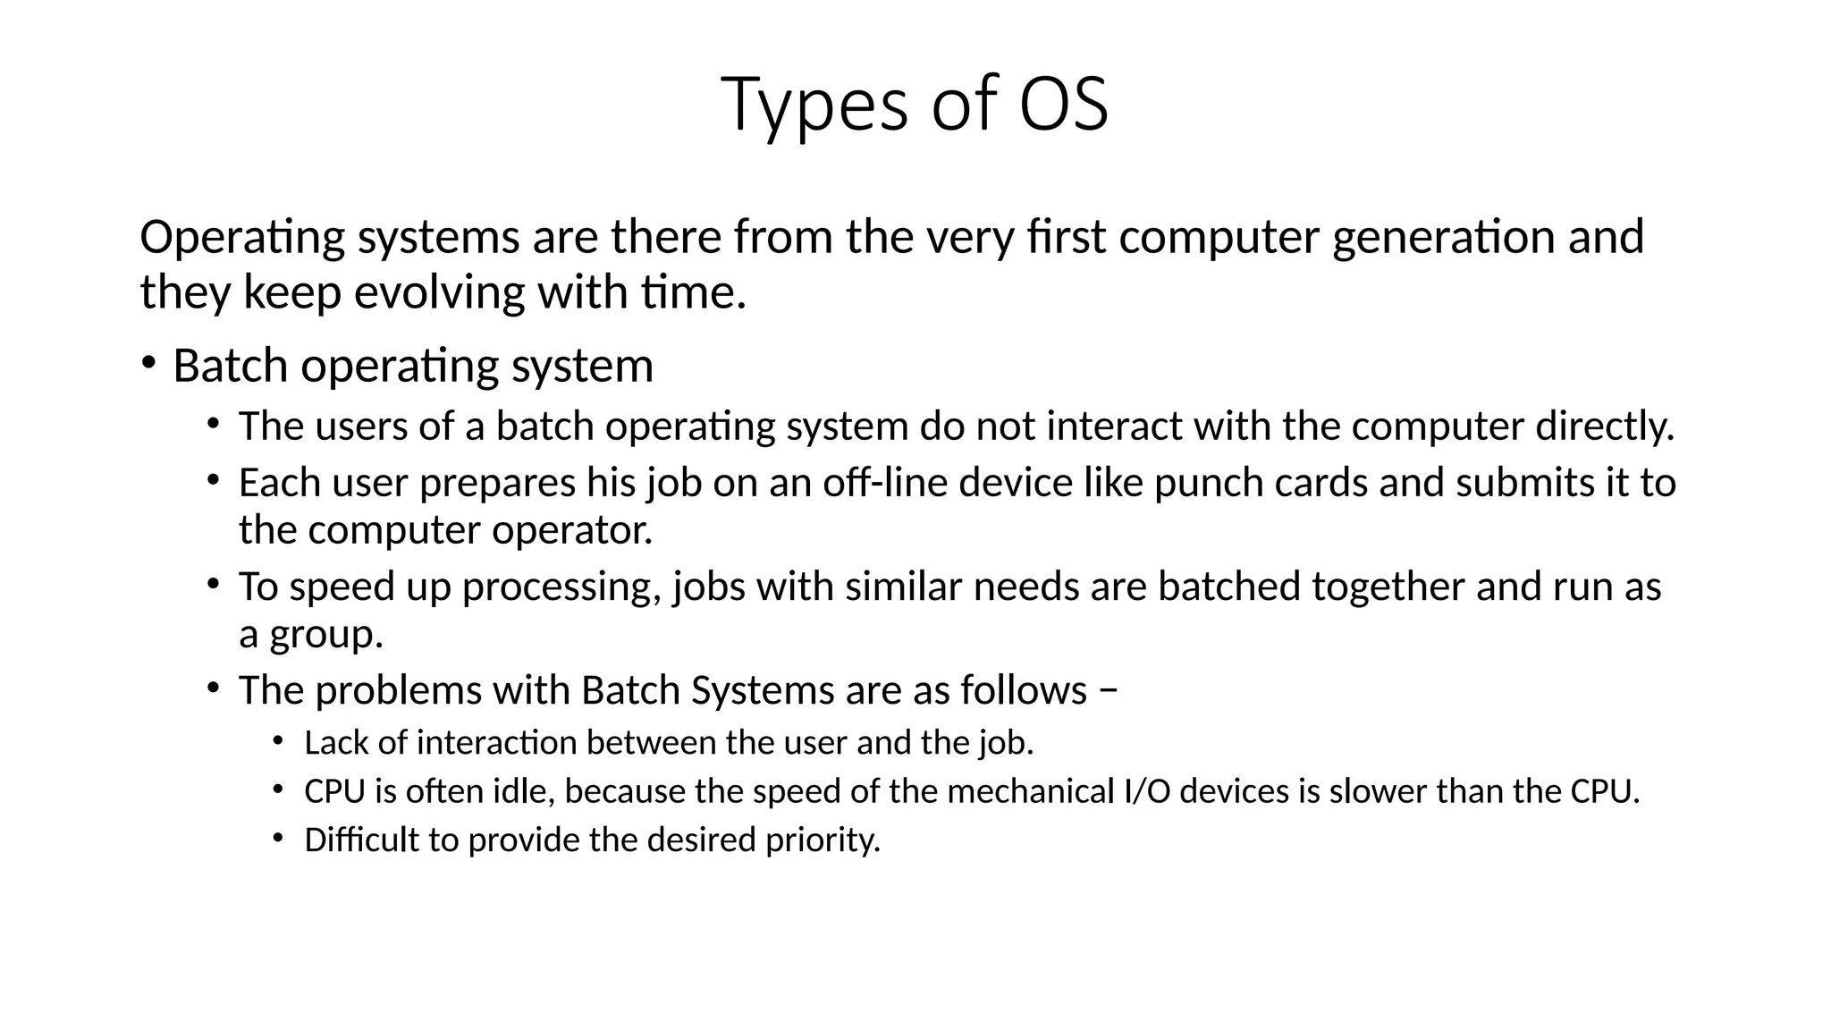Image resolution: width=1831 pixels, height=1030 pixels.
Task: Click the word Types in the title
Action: (x=814, y=105)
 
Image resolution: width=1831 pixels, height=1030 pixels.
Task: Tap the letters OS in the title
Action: (x=1063, y=104)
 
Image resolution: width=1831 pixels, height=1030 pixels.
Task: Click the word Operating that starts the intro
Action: (x=242, y=238)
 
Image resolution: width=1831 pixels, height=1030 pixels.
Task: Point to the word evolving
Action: (x=440, y=292)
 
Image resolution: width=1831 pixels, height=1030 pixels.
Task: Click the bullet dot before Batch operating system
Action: (x=148, y=362)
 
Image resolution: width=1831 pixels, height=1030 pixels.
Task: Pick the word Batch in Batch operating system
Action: (x=230, y=366)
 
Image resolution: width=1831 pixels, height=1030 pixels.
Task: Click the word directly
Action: (x=1604, y=426)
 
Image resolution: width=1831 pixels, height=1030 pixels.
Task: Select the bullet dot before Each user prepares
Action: (x=213, y=479)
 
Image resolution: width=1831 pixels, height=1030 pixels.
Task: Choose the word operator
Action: (x=572, y=530)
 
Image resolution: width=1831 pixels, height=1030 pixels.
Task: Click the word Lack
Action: (x=335, y=743)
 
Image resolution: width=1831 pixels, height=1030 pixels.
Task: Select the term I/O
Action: (x=1145, y=791)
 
